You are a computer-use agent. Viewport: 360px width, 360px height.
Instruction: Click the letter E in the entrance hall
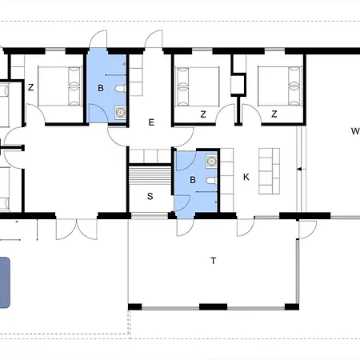(x=151, y=122)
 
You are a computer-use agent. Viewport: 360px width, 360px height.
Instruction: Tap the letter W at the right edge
(x=355, y=131)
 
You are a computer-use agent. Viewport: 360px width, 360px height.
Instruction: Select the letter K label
(x=246, y=177)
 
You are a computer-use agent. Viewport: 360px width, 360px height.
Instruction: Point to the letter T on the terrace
(x=214, y=261)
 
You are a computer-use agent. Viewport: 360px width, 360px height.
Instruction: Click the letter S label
(x=150, y=196)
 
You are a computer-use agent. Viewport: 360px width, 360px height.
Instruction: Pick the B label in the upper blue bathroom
(x=101, y=88)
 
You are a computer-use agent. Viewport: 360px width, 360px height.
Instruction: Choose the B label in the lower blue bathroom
(x=193, y=180)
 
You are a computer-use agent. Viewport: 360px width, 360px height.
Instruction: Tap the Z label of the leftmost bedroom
(x=31, y=87)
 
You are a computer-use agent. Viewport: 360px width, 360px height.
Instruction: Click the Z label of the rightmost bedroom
(x=274, y=114)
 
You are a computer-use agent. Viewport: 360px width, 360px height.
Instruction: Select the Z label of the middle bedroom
(x=203, y=114)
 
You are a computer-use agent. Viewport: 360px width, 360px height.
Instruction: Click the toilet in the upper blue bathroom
(x=121, y=88)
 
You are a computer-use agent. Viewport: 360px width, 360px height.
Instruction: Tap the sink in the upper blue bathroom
(x=120, y=112)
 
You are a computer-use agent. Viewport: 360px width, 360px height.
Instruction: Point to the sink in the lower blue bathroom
(x=211, y=162)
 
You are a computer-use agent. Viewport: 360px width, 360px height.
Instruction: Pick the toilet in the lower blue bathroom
(x=211, y=181)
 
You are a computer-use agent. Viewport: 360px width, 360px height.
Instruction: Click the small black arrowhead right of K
(x=299, y=169)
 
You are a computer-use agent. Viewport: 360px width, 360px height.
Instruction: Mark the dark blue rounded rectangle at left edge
(x=5, y=282)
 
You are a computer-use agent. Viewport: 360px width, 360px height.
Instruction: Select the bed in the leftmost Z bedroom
(x=60, y=86)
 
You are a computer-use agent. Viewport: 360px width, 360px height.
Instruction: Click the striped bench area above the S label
(x=150, y=175)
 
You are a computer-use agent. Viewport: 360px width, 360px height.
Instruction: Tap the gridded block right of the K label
(x=270, y=171)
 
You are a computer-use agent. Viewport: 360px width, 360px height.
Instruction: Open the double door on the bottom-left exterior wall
(x=77, y=229)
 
